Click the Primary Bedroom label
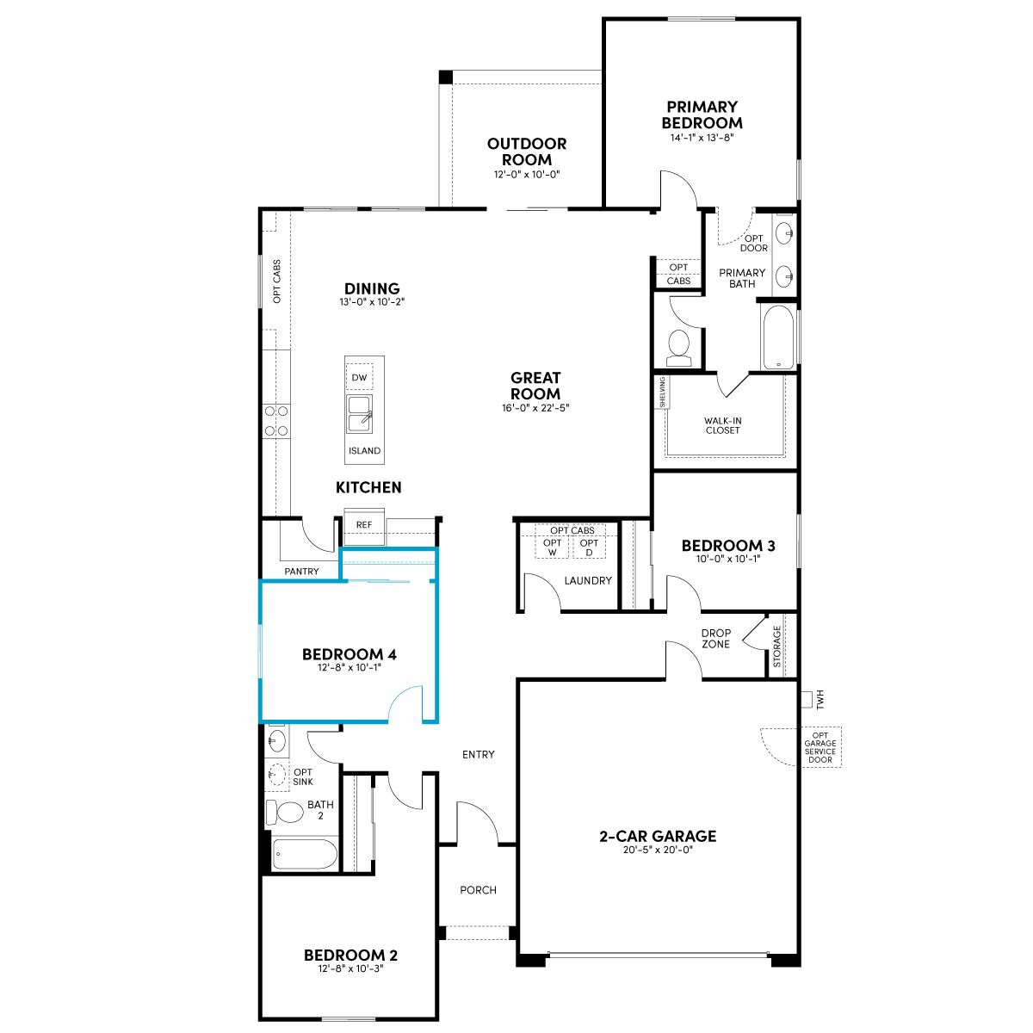point(702,114)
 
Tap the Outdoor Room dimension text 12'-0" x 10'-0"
point(527,174)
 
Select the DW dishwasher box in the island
point(359,377)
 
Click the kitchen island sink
point(359,414)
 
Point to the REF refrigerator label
point(364,525)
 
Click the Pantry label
point(301,572)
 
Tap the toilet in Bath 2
point(285,812)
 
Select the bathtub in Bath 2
point(305,853)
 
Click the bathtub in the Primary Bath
point(778,337)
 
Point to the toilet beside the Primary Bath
point(679,348)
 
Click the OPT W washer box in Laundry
point(552,547)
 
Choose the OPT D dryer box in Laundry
point(589,547)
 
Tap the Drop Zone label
point(715,639)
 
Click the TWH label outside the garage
point(820,700)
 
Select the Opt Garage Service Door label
point(820,747)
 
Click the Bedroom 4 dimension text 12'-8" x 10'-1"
point(349,667)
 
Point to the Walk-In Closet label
point(722,425)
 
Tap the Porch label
point(478,890)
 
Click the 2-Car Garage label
point(658,836)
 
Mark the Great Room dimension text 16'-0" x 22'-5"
point(535,408)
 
